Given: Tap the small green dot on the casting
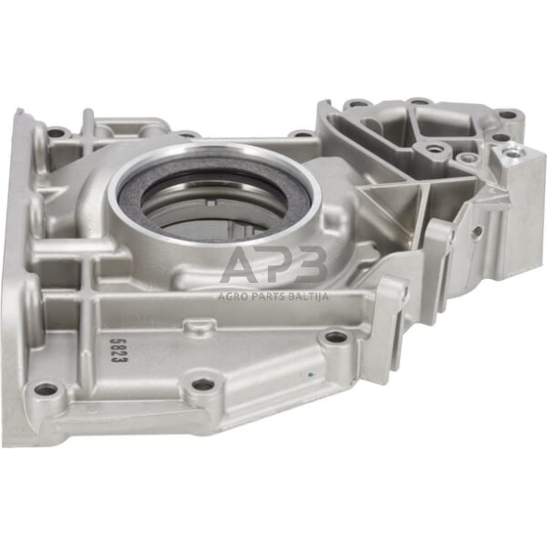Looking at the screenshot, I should (310, 376).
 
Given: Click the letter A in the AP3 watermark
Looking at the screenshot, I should (246, 267).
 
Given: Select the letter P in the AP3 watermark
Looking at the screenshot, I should (283, 267).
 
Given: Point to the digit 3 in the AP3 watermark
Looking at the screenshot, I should (314, 267).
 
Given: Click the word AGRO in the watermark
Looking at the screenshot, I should (233, 298).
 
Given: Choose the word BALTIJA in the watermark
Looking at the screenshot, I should (310, 298).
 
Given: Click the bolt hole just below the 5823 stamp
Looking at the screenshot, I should (44, 389).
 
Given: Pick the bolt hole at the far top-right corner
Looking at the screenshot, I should (507, 115).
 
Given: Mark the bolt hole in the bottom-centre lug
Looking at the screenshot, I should (202, 384).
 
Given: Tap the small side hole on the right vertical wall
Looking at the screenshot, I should (476, 232).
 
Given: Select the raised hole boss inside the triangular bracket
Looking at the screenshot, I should (433, 149).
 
